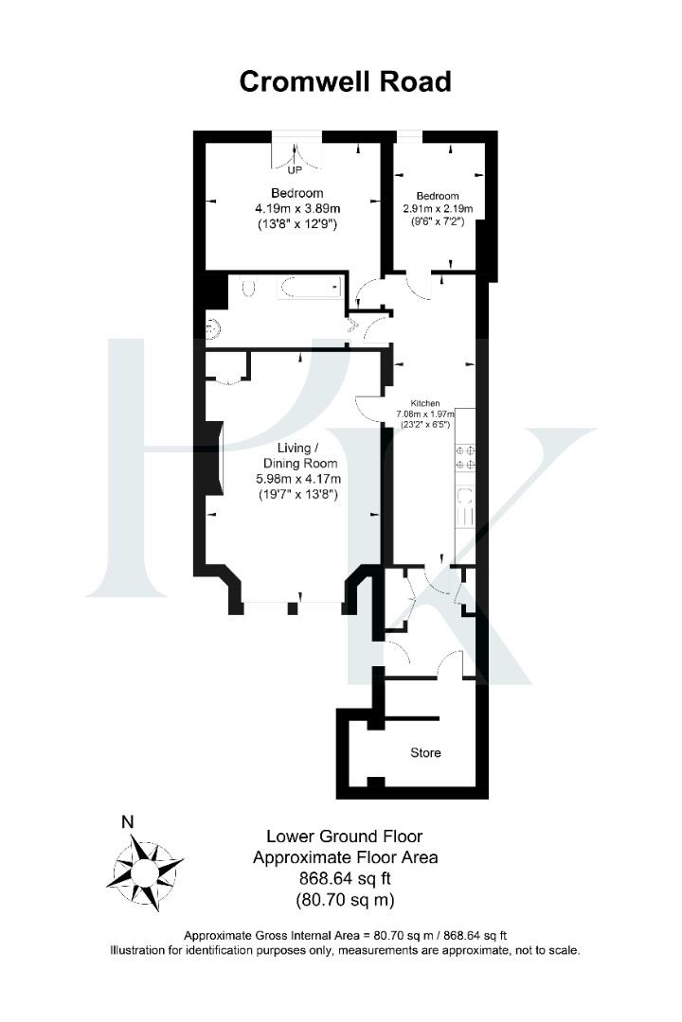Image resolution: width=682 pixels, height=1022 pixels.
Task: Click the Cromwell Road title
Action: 345,82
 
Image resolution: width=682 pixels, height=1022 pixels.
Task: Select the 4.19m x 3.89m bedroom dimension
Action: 297,209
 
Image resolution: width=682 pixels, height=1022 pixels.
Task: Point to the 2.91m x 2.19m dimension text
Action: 438,208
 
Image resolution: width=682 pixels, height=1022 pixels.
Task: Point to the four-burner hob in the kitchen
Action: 465,457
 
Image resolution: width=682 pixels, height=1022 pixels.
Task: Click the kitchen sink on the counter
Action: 465,506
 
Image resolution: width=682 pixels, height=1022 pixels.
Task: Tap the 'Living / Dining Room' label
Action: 298,455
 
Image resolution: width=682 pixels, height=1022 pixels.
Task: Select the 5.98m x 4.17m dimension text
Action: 297,479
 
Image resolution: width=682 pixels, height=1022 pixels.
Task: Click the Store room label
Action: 425,753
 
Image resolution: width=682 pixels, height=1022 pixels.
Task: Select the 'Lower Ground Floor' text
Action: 344,837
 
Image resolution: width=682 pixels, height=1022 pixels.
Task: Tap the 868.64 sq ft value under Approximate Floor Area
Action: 344,878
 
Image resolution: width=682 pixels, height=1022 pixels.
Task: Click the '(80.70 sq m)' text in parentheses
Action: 344,899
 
